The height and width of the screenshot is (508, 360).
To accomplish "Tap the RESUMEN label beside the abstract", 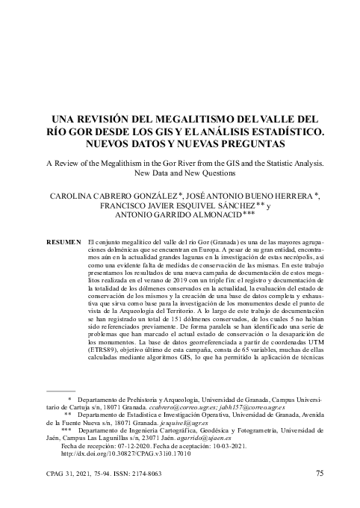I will click(63, 244).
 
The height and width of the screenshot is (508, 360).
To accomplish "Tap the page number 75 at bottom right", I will click(319, 474).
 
